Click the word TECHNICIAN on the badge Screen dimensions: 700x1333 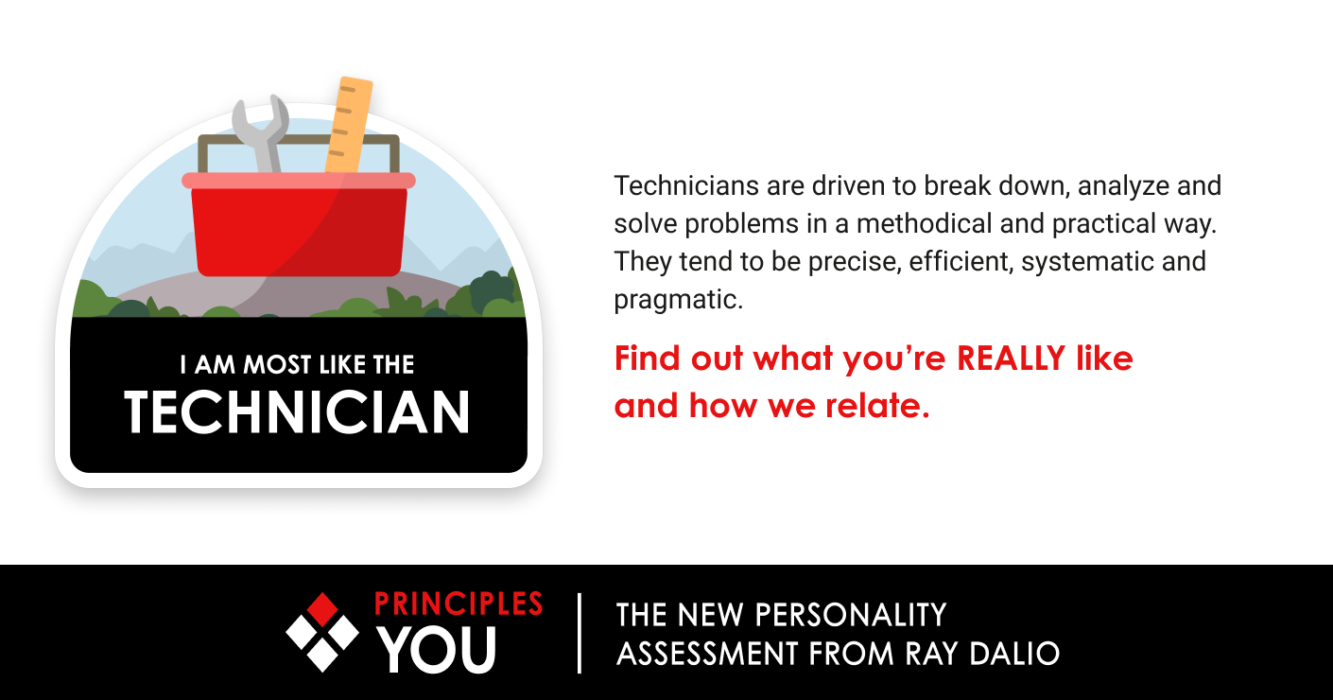point(297,412)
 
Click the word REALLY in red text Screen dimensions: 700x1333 point(1012,359)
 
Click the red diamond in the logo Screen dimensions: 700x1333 point(322,608)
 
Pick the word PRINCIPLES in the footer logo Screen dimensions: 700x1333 point(459,604)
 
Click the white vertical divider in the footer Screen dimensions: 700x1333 point(580,632)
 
